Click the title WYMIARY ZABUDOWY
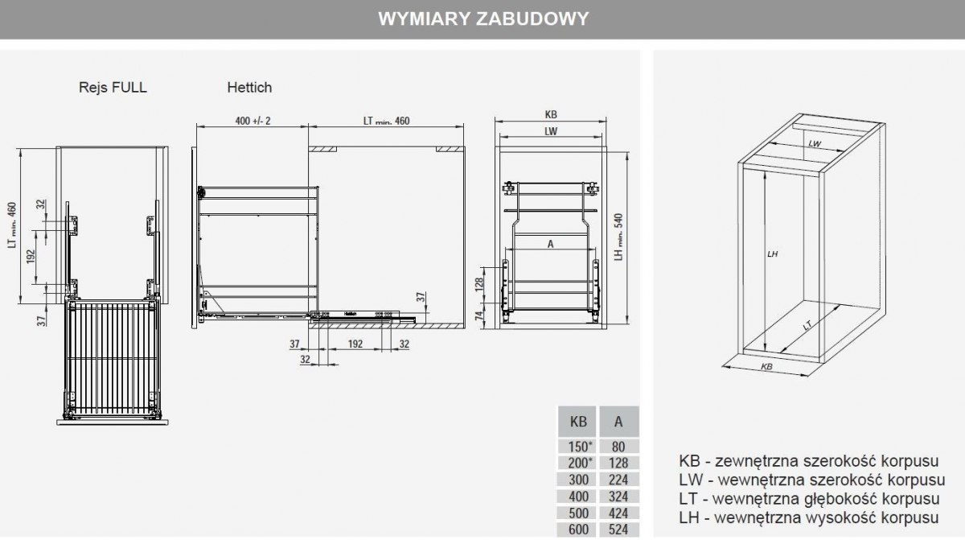(482, 19)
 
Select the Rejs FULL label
(113, 88)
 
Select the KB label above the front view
(551, 115)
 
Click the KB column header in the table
(578, 421)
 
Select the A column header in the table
(619, 421)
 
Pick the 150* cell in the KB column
(578, 447)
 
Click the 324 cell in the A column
(619, 497)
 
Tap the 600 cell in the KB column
(578, 530)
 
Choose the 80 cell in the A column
(619, 447)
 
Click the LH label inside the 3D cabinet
(771, 254)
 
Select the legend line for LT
(809, 499)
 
